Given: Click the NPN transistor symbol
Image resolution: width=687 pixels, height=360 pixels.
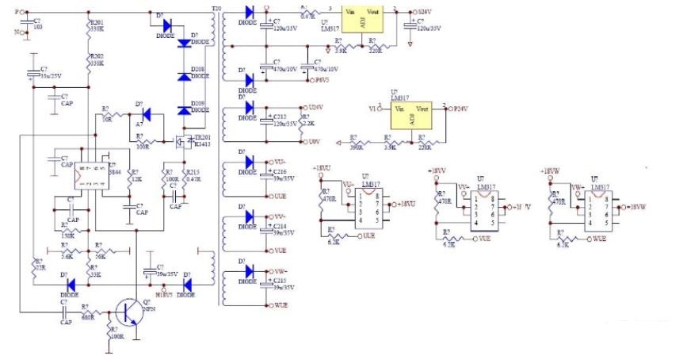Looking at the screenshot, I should pyautogui.click(x=126, y=310).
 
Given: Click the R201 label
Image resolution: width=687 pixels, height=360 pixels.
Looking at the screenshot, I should pyautogui.click(x=97, y=23).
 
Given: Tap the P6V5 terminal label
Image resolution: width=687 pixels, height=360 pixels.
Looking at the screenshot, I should pyautogui.click(x=323, y=81).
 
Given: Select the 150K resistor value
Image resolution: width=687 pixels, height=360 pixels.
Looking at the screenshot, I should pyautogui.click(x=70, y=236).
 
